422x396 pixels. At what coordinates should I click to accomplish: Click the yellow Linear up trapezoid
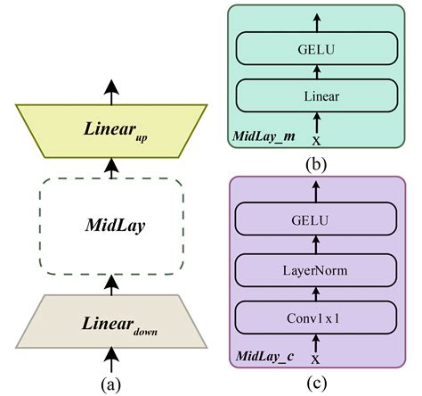110,129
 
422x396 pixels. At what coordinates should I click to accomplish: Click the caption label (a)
111,384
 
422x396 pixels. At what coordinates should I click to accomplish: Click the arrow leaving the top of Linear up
110,92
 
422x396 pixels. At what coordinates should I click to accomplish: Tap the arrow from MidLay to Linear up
110,167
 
